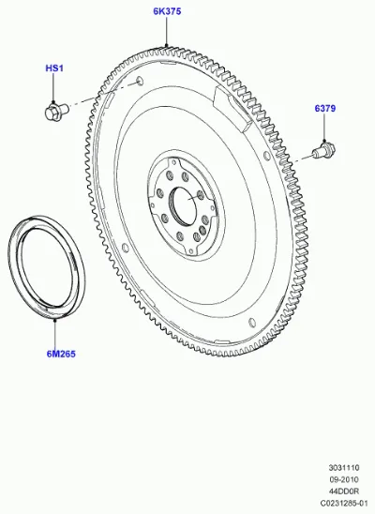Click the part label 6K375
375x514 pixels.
click(x=167, y=11)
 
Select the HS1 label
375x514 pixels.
click(x=54, y=68)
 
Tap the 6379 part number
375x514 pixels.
click(x=325, y=108)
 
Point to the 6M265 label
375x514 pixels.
click(x=61, y=354)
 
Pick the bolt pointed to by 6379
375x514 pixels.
click(x=324, y=150)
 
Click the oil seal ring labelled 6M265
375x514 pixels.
click(x=46, y=267)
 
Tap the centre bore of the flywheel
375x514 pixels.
click(x=184, y=205)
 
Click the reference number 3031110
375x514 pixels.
click(x=344, y=467)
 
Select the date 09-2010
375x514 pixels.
click(x=344, y=479)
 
